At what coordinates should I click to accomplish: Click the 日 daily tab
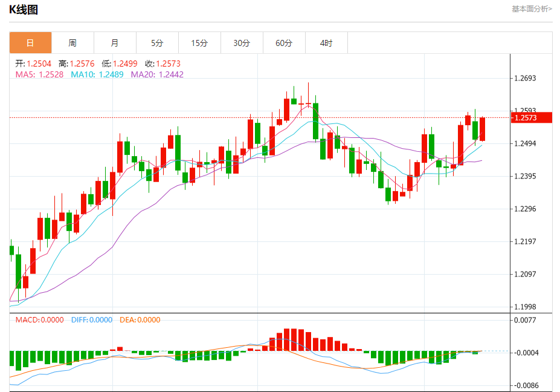tap(30, 43)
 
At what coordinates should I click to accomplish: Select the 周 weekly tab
tap(72, 43)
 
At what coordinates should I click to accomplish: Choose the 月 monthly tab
tap(115, 43)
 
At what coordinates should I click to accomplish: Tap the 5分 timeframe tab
tap(157, 43)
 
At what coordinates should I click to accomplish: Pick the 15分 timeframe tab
tap(199, 43)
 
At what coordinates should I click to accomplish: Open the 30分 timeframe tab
tap(242, 43)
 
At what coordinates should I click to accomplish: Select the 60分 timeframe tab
tap(284, 43)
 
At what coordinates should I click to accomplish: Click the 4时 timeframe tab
tap(326, 43)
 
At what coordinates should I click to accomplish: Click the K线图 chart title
tap(24, 10)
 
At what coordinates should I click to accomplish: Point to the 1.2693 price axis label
tap(525, 79)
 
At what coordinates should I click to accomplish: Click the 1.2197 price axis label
tap(525, 242)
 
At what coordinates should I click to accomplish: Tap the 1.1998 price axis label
tap(525, 307)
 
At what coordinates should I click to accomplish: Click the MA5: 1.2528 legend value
tap(40, 74)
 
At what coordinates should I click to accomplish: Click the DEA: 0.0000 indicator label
tap(140, 320)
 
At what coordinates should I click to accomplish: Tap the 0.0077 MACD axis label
tap(525, 320)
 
